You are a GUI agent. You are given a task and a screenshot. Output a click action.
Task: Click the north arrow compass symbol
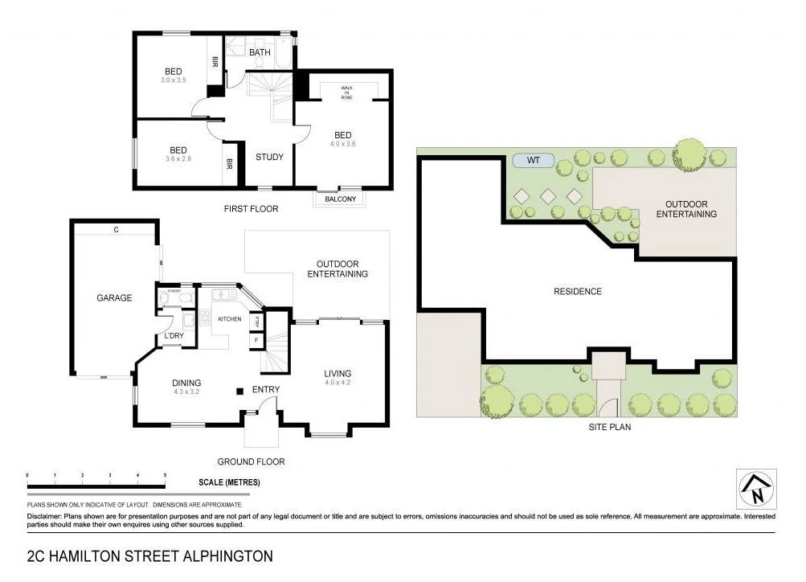(x=756, y=488)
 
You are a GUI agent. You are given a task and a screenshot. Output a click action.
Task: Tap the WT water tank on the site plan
(x=534, y=161)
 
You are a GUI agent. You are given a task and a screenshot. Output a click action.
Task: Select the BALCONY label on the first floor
(x=341, y=199)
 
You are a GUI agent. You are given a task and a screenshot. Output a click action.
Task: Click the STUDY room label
(x=269, y=157)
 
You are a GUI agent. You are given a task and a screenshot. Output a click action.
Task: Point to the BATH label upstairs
(x=260, y=52)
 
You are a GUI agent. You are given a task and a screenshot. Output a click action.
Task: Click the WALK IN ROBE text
(x=346, y=92)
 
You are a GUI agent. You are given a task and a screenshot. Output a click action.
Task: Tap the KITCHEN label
(x=230, y=319)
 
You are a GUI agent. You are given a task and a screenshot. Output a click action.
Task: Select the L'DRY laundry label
(x=174, y=335)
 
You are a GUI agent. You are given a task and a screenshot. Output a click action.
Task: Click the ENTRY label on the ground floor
(x=266, y=390)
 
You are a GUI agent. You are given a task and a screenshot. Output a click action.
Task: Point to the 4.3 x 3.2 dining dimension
(x=186, y=392)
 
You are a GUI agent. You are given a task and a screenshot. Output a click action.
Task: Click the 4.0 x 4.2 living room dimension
(x=338, y=383)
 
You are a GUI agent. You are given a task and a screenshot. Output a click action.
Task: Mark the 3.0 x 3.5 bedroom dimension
(x=173, y=80)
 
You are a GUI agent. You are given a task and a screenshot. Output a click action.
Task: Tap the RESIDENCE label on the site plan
(x=578, y=291)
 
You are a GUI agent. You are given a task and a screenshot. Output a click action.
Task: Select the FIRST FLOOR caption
(x=251, y=209)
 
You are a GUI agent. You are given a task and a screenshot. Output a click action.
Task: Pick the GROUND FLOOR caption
(x=251, y=461)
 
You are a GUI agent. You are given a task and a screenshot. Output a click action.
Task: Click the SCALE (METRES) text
(x=229, y=482)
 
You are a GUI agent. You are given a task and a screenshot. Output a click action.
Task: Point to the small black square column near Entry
(x=239, y=391)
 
